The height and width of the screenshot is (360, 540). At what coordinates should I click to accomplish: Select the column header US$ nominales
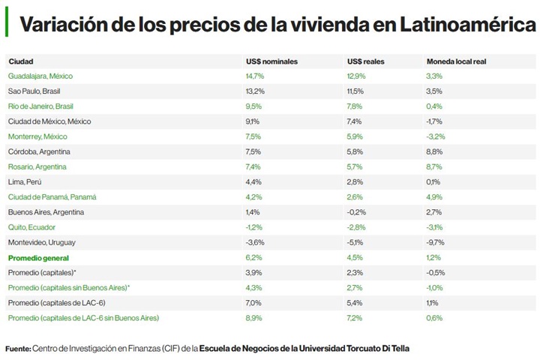[271, 61]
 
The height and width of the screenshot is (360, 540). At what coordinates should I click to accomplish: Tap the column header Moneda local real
[456, 61]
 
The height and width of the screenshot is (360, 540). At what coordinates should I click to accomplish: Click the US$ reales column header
[366, 61]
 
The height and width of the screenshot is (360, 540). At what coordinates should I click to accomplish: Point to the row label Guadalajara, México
[40, 76]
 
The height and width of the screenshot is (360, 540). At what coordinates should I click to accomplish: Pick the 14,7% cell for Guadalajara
[255, 76]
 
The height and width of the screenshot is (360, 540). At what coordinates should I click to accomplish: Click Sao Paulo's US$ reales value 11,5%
[355, 91]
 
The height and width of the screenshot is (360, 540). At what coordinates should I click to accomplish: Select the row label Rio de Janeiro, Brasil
[40, 106]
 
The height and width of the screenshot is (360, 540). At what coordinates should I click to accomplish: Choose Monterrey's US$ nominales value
[253, 136]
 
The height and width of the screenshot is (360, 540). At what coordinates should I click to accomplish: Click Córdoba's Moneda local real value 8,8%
[435, 151]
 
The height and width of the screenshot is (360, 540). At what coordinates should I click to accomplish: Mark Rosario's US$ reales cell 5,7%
[355, 166]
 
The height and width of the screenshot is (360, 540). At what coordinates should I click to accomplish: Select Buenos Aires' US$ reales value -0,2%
[357, 212]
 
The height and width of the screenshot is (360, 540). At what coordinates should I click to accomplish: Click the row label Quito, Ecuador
[32, 227]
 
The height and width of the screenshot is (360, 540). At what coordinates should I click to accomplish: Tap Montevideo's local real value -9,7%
[436, 242]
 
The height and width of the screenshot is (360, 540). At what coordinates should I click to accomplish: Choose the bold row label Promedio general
[38, 257]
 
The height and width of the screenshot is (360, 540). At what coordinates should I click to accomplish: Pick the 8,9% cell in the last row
[253, 318]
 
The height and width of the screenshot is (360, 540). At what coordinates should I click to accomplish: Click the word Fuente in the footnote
[17, 349]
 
